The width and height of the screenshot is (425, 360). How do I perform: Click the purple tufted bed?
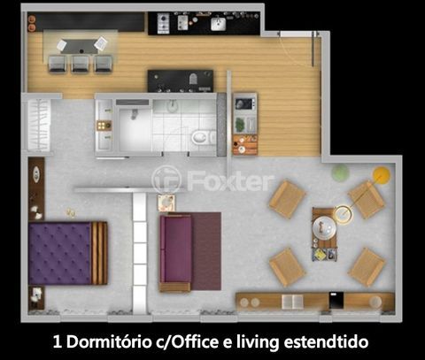coord(68,253)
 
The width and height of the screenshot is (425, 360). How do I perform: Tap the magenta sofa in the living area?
coord(175,253)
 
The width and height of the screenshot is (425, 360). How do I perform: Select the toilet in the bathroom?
coord(203,138)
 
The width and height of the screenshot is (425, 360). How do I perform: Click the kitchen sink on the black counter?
coord(219,24)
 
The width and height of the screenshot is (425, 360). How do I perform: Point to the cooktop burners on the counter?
coord(163,23)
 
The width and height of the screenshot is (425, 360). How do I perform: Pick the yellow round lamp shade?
coord(381,175)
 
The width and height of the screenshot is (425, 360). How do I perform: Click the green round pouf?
coord(340,172)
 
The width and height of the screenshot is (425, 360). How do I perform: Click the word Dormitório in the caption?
coord(108,342)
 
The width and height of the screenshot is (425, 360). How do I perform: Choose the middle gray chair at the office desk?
coord(80,64)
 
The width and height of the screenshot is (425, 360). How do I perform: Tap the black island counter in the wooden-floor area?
coord(181,81)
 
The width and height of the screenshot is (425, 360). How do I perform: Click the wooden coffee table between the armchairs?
coord(325,234)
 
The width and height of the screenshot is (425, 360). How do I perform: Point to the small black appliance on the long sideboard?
coord(336,300)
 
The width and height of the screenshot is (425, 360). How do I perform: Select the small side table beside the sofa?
coord(166,203)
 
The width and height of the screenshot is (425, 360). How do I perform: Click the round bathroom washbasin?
coord(172,106)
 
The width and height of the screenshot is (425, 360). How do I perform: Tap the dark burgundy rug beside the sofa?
coord(206,251)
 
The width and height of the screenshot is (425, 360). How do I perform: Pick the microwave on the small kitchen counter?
coord(245,103)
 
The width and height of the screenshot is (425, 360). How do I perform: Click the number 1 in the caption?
coord(58,342)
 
